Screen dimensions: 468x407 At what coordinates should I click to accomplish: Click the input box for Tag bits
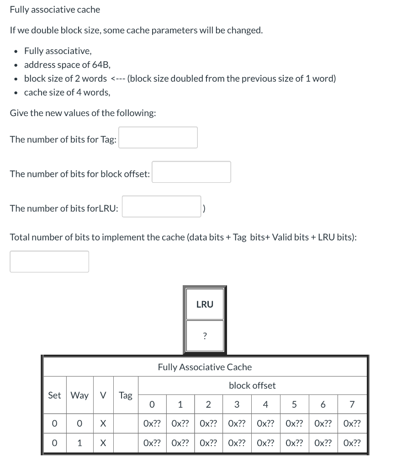point(158,138)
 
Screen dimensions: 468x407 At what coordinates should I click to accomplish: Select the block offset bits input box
point(191,172)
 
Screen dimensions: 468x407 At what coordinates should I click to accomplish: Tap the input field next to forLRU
point(161,207)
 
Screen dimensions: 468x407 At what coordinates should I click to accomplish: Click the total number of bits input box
point(49,261)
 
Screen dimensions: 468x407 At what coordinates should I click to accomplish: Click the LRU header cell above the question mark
point(205,304)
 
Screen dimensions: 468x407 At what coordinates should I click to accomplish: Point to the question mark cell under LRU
point(205,336)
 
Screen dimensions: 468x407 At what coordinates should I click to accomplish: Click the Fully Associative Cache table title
point(205,367)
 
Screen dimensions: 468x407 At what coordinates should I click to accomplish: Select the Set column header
point(54,395)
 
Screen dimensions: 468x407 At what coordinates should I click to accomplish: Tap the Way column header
point(79,395)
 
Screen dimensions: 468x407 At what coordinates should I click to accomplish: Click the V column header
point(103,395)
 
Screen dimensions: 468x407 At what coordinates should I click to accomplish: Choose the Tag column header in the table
point(126,395)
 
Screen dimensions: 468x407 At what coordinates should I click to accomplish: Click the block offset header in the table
point(252,386)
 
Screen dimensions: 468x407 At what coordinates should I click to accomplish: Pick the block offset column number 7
point(352,404)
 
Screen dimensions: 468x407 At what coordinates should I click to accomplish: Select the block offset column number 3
point(237,404)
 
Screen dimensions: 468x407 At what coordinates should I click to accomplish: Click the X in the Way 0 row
point(103,424)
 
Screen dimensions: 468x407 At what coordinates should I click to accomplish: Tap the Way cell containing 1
point(79,443)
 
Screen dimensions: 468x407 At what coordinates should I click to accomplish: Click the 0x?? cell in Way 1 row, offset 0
point(152,443)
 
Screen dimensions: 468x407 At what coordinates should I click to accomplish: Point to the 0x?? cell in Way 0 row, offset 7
point(352,424)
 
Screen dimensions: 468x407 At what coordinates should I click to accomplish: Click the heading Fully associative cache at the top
point(55,10)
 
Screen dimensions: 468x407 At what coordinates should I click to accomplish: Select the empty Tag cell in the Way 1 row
point(126,443)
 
